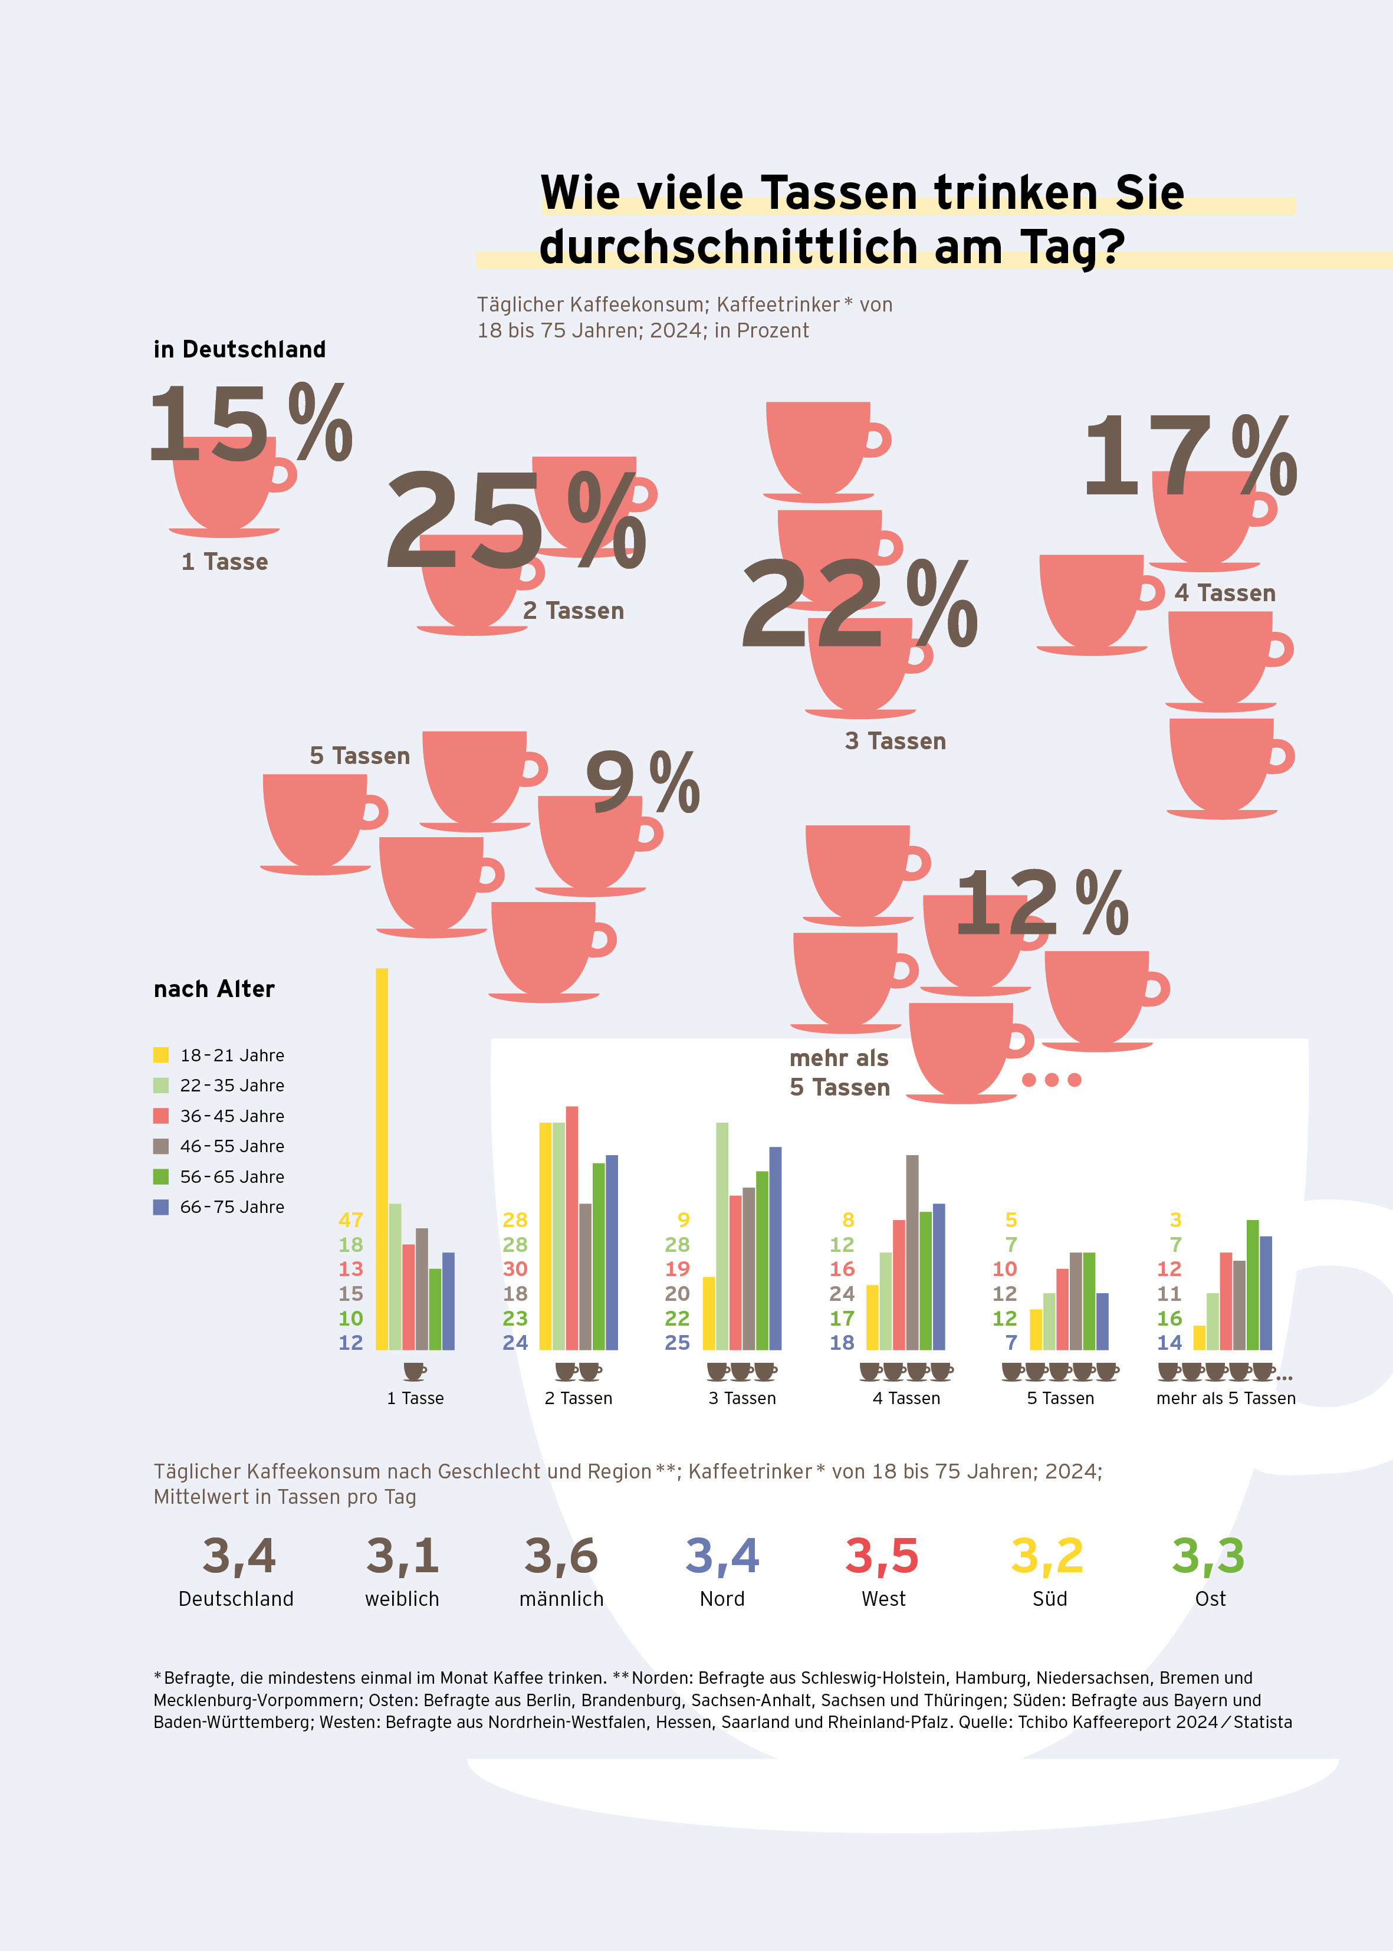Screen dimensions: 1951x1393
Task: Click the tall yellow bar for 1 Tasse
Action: (x=382, y=1158)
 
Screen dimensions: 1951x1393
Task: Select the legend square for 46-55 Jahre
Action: (x=160, y=1146)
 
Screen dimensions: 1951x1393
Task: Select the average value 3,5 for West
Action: (x=882, y=1556)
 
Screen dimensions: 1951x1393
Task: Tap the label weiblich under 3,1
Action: (x=402, y=1599)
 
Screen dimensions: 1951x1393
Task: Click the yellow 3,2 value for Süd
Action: (x=1047, y=1556)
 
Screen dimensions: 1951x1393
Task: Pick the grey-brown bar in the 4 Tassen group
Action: (x=912, y=1252)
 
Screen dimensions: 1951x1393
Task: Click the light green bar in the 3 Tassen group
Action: (x=722, y=1235)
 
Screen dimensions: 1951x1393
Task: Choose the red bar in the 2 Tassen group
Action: (x=572, y=1228)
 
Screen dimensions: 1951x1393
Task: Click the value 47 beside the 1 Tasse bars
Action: (x=351, y=1219)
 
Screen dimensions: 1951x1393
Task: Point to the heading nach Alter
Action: (x=213, y=989)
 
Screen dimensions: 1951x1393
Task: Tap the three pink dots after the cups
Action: (x=1052, y=1079)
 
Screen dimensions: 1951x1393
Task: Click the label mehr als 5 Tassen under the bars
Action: (x=1225, y=1398)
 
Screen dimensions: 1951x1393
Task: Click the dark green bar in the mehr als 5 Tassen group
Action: (x=1252, y=1284)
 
